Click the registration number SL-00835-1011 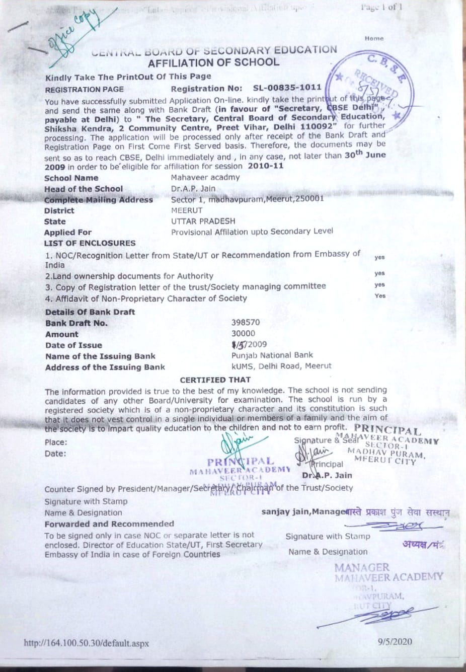(x=287, y=88)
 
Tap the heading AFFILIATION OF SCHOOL (x=213, y=62)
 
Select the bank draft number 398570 (x=246, y=322)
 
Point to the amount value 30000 (x=243, y=333)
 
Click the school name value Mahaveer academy (x=205, y=177)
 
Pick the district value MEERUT (x=187, y=210)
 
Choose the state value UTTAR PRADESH (x=203, y=221)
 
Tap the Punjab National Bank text (x=272, y=355)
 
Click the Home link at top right (x=374, y=38)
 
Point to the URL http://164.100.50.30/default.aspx (x=87, y=643)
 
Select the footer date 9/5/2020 (x=395, y=641)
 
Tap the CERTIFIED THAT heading (x=215, y=380)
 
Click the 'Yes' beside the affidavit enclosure (x=380, y=296)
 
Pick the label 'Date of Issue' (x=73, y=345)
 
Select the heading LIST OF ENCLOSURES (x=90, y=243)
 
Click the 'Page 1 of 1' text (x=381, y=7)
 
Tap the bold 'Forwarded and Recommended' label (x=109, y=524)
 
